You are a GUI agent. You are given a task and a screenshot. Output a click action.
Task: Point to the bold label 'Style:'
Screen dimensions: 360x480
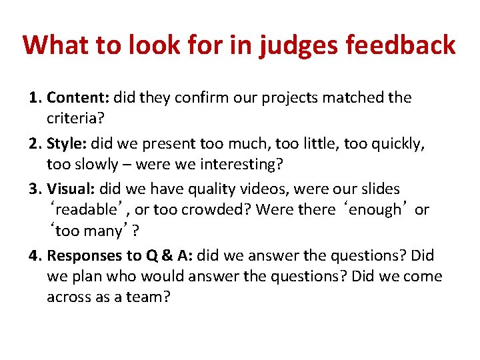[x=67, y=143]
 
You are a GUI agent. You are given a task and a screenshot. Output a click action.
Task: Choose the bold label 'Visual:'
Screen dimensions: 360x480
[x=72, y=189]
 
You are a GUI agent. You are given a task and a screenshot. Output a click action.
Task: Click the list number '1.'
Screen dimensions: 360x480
[x=36, y=98]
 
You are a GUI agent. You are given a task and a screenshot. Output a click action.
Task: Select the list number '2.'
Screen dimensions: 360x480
[x=36, y=143]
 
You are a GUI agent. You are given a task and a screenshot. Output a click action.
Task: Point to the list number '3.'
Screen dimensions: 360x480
[x=36, y=189]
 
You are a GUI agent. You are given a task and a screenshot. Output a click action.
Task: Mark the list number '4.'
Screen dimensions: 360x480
[x=36, y=255]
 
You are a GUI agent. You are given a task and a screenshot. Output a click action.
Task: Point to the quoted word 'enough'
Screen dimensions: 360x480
[x=375, y=210]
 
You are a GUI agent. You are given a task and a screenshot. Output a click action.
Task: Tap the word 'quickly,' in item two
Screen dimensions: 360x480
[x=397, y=143]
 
